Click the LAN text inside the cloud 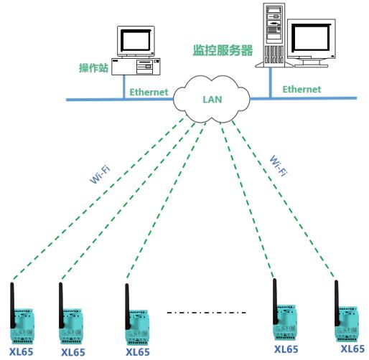(212, 100)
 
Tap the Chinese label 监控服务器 (223, 50)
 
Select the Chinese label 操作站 (94, 68)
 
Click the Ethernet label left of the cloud (149, 92)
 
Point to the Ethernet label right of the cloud (302, 89)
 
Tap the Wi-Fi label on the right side (278, 166)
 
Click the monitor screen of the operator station (136, 41)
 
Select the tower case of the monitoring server (274, 35)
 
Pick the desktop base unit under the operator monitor (136, 66)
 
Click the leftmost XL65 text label (21, 351)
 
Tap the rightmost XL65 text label (352, 349)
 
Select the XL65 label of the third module (138, 352)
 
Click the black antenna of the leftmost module (12, 305)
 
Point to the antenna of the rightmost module (337, 303)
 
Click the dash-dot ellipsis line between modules (206, 313)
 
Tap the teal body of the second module (71, 326)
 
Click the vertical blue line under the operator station (124, 87)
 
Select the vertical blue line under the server (271, 82)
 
